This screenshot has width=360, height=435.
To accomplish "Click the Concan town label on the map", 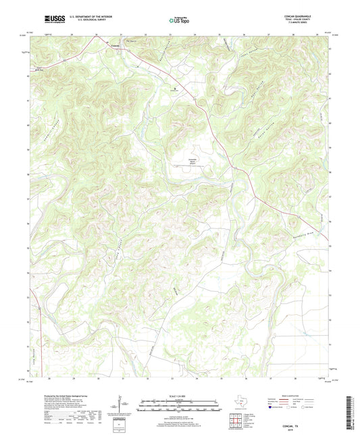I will [116, 46].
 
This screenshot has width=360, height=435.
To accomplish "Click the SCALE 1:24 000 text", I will [179, 397].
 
